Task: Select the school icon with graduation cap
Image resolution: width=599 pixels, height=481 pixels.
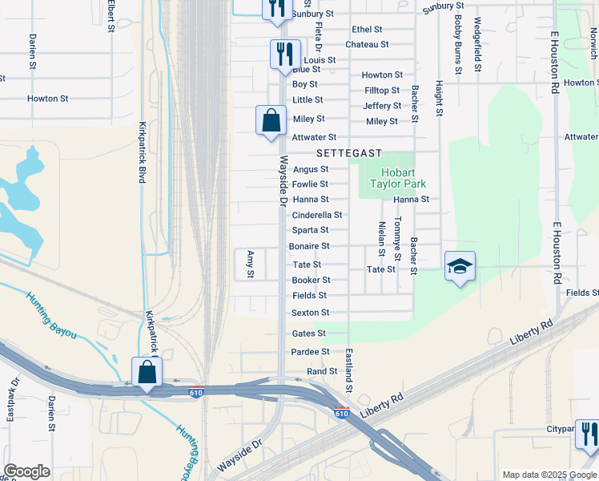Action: point(460,266)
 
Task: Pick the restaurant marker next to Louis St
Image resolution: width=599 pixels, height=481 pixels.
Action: point(285,55)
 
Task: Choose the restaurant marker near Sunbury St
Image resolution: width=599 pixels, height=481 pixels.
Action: point(274,8)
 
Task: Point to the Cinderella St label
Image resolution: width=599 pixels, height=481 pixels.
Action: point(317,215)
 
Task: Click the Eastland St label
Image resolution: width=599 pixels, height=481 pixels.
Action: point(349,370)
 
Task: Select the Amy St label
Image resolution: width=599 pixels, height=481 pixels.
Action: point(250,264)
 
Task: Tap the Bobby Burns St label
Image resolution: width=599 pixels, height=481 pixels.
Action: point(457,45)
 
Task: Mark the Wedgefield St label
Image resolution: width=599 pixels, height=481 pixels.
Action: point(477,45)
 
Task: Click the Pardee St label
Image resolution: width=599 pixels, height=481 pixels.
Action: point(310,352)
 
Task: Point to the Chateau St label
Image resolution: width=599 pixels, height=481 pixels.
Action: point(367,45)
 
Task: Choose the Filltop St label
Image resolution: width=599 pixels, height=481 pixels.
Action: point(382,91)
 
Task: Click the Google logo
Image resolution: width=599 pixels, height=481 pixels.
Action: point(26,471)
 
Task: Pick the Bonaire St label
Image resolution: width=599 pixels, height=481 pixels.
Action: point(309,246)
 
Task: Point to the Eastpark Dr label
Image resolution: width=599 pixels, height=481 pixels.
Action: point(11,398)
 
